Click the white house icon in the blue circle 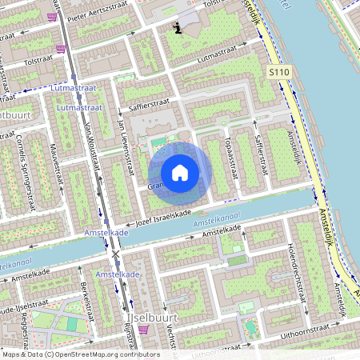(x=180, y=173)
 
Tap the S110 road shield (x=278, y=72)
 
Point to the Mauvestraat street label (x=55, y=165)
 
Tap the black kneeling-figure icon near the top (x=178, y=28)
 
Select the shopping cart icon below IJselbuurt (x=143, y=329)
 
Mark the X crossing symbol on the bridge (x=117, y=255)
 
